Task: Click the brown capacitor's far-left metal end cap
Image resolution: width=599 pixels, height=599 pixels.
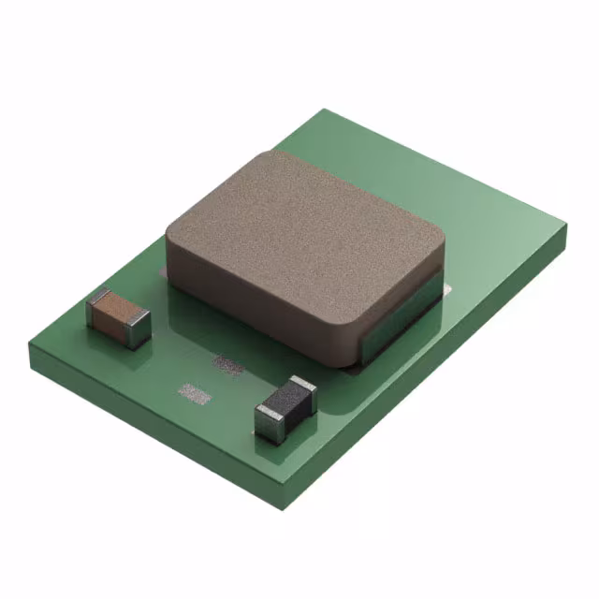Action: pos(94,305)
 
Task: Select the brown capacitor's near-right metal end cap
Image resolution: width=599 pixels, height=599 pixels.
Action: pos(137,327)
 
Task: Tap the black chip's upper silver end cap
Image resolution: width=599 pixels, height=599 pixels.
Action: pos(303,388)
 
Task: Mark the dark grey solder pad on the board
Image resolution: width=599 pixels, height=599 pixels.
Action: pos(227,363)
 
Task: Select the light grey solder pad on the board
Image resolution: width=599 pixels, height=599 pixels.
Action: pos(195,393)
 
